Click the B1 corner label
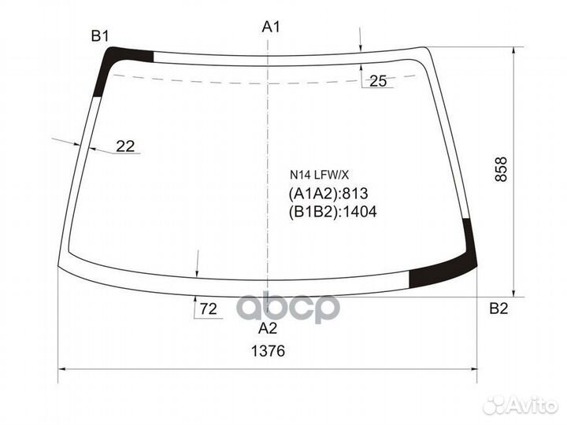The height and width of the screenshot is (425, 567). coord(99,35)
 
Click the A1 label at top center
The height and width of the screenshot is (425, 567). coord(271,28)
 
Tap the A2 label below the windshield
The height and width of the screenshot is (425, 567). coord(269,329)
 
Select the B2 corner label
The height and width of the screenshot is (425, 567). coord(498,308)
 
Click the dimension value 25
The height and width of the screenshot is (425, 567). coord(378,80)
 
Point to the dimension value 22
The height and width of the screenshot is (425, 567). coord(125,146)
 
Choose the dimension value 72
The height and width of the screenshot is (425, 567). coord(208,309)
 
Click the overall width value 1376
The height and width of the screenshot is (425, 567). coord(269,351)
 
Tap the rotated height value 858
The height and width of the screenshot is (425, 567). coord(501,170)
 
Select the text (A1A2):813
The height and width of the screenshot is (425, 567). coord(328,194)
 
